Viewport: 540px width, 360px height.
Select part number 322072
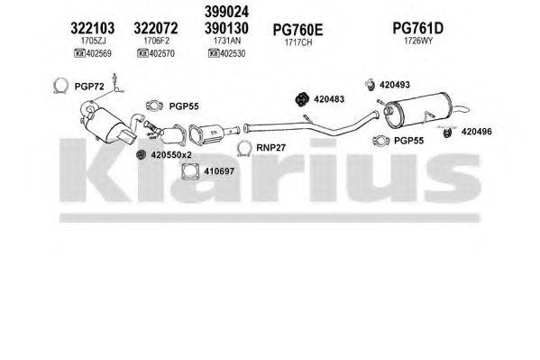coord(161,27)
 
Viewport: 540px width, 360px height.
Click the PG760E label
coord(297,28)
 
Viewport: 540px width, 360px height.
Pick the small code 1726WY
coord(417,42)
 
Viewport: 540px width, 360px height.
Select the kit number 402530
coord(234,53)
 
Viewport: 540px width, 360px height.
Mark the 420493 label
coord(394,85)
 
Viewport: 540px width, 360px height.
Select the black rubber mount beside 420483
coord(304,97)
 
